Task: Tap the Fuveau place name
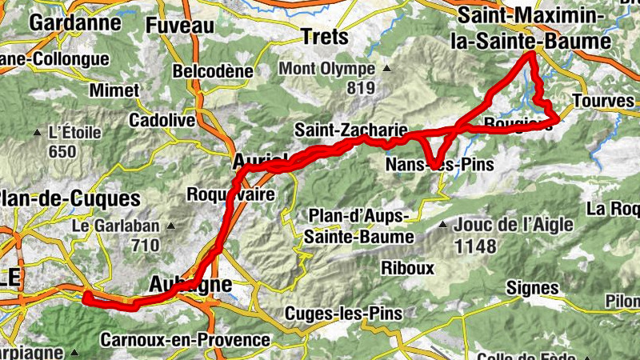click(180, 25)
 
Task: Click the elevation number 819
click(362, 86)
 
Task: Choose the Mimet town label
click(114, 90)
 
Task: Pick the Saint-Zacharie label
click(352, 129)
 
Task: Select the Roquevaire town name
click(230, 194)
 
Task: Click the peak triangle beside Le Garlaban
click(170, 226)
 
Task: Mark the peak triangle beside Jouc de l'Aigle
click(442, 226)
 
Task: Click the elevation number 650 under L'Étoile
click(62, 152)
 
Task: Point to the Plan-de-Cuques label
click(70, 198)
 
